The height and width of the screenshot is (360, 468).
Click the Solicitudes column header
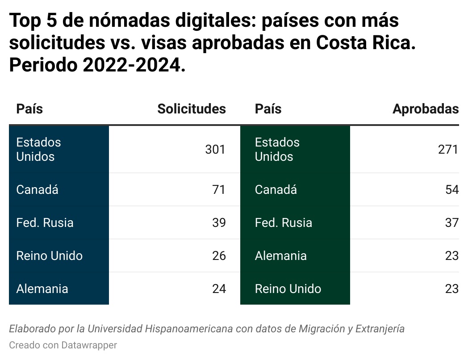[x=192, y=109]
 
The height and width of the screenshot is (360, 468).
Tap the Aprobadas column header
[x=425, y=109]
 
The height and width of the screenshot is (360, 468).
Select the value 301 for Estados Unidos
[x=215, y=150]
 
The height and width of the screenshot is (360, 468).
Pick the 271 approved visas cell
[x=448, y=150]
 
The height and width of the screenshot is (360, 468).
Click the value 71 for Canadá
[x=219, y=190]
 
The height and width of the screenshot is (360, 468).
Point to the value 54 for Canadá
[x=452, y=190]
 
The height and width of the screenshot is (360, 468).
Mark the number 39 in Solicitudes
[x=219, y=223]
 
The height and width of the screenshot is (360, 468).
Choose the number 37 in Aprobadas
[x=452, y=223]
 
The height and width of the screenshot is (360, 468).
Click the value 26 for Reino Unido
[x=219, y=256]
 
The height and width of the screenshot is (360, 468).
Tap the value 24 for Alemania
[x=219, y=289]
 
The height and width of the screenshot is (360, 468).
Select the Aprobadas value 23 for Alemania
[x=452, y=256]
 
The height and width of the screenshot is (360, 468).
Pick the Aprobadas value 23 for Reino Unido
[x=452, y=289]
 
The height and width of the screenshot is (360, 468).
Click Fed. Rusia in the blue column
[x=45, y=223]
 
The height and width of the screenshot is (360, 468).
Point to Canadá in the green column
[x=276, y=190]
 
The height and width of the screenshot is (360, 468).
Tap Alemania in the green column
[x=280, y=256]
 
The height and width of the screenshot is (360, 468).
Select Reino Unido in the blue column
[x=49, y=256]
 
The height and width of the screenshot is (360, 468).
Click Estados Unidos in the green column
[x=277, y=150]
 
